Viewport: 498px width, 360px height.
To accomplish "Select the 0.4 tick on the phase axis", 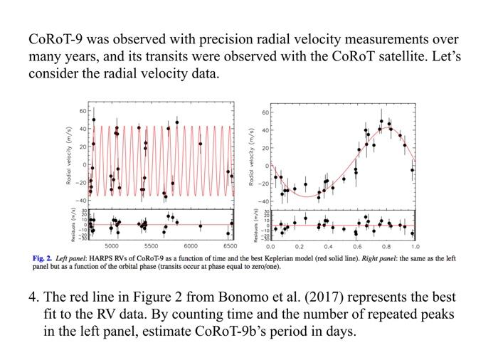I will pos(328,246).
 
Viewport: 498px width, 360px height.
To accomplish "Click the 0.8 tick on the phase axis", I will pos(386,246).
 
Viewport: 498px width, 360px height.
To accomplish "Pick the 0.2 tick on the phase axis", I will pos(300,246).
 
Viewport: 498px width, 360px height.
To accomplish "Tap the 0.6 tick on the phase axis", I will pos(356,246).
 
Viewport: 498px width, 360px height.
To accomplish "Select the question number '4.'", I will pos(34,297).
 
